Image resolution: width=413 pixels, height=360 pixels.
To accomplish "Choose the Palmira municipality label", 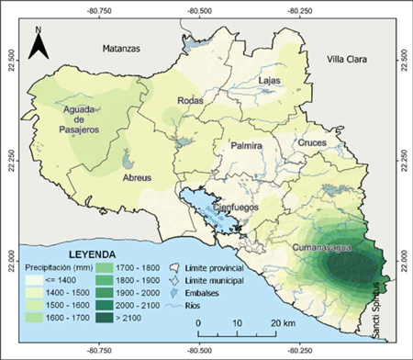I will tap(246, 147).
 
